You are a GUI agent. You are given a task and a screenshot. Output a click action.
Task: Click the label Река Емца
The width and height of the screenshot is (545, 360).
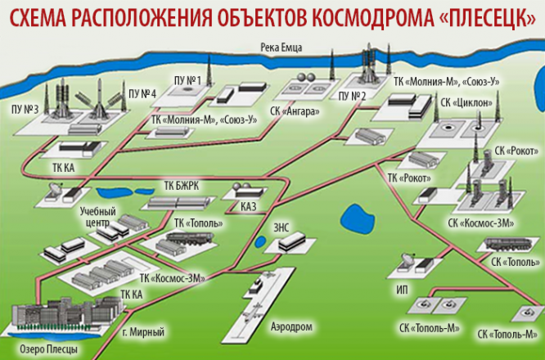[x=282, y=47]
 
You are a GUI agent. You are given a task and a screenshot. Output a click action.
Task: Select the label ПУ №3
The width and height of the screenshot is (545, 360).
[x=25, y=109]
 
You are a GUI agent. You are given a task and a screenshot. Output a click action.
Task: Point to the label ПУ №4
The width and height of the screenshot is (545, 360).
[x=142, y=93]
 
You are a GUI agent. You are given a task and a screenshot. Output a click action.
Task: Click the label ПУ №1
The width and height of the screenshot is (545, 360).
[x=187, y=81]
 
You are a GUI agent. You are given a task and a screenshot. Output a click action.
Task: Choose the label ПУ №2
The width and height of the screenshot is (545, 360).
[x=352, y=97]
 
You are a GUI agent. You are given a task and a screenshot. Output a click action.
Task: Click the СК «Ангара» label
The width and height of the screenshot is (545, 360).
[x=295, y=111]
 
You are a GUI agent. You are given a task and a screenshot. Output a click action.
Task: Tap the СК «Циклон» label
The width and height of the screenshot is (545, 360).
[x=466, y=102]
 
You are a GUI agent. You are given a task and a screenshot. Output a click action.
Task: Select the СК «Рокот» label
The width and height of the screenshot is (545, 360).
[x=516, y=151]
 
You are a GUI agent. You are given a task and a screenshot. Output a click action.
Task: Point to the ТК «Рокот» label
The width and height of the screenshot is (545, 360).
[x=409, y=178]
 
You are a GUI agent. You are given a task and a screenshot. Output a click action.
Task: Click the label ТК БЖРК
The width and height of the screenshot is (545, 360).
[x=182, y=186]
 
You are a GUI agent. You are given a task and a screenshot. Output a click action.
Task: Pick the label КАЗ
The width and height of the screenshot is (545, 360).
[x=249, y=207]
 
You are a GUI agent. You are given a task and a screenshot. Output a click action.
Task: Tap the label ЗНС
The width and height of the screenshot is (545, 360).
[x=282, y=227]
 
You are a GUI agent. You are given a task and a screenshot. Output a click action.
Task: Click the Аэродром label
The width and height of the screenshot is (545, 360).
[x=291, y=326]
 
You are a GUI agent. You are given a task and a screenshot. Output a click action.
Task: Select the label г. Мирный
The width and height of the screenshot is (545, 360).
[x=143, y=332]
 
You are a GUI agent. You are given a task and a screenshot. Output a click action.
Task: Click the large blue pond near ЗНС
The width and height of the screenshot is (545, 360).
[x=358, y=219]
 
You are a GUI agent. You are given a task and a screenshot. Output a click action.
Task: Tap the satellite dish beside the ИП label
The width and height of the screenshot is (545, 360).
[x=407, y=260]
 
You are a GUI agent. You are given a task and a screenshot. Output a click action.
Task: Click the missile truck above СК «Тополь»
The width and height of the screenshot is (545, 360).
[x=508, y=243]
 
